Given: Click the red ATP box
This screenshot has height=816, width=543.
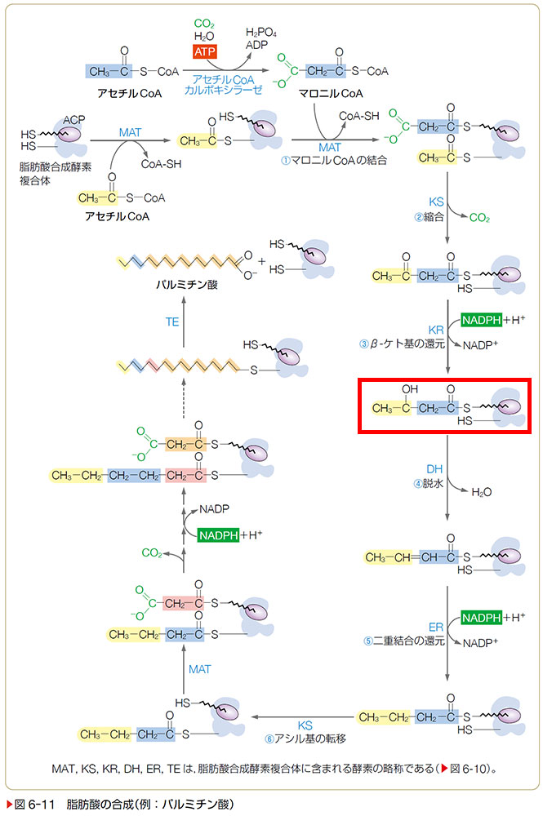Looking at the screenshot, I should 204,51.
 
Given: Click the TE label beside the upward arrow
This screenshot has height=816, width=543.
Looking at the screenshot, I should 171,322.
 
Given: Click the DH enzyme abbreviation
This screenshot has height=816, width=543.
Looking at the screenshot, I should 434,469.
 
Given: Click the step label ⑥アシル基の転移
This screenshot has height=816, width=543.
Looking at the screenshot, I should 305,738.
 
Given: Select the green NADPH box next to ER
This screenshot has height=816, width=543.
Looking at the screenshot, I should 483,616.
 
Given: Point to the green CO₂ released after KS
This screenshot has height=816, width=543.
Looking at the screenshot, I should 479,218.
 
